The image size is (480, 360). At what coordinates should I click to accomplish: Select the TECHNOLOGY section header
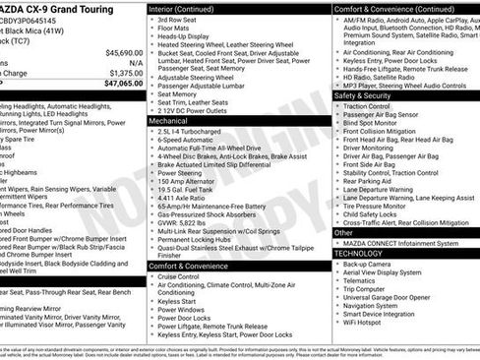[x=358, y=253]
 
